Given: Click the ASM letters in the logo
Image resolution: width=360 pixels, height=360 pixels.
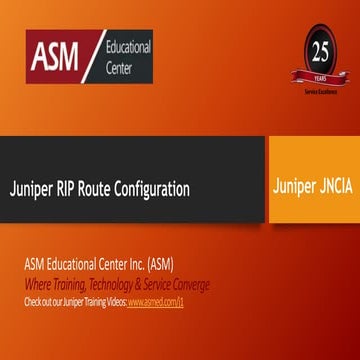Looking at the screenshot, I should [x=57, y=58].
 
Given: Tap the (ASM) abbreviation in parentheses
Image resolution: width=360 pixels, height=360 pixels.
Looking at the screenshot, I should [x=157, y=265].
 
